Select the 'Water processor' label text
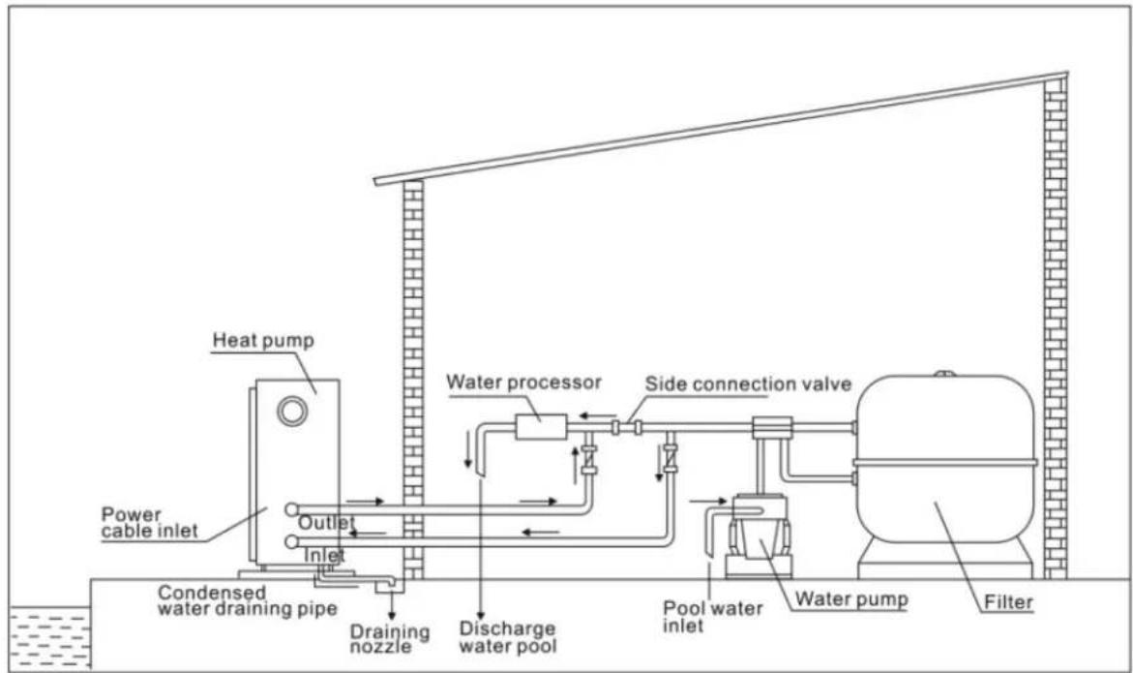[x=523, y=382]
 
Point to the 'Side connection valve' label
[x=749, y=383]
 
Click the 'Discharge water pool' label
[x=509, y=636]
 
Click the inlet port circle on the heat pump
[x=290, y=540]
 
